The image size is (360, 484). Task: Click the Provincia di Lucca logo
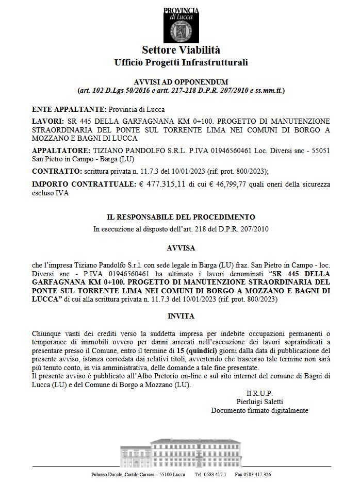[181, 25]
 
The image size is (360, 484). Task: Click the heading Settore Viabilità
[181, 50]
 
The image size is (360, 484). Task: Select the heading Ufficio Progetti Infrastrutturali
[181, 62]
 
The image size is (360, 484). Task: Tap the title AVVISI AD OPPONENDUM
[181, 82]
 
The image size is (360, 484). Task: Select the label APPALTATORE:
[60, 150]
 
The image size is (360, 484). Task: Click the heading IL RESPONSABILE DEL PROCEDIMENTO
[181, 217]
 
